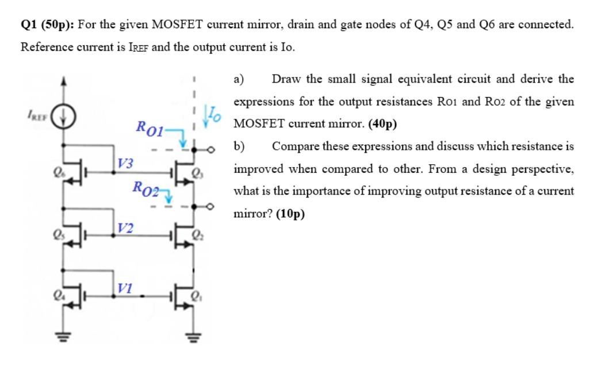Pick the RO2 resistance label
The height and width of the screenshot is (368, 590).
coord(145,188)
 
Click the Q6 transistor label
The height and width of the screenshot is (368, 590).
coord(57,171)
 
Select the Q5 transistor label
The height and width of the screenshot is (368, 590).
coord(57,235)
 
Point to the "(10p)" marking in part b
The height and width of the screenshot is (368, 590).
coord(290,214)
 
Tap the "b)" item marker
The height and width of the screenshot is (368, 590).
coord(239,146)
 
